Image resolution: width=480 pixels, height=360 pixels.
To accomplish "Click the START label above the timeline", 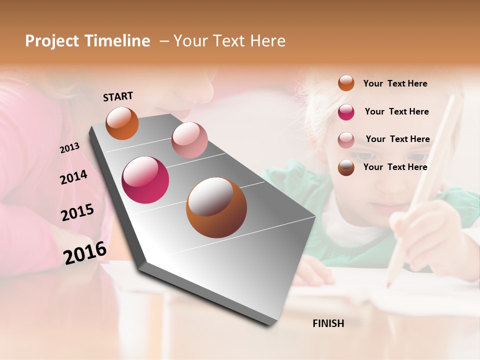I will coord(118,96).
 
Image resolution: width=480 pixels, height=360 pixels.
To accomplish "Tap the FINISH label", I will coord(328,323).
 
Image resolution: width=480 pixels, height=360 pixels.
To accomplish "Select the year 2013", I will coord(69,148).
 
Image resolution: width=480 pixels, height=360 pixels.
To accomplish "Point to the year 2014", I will coord(73,177).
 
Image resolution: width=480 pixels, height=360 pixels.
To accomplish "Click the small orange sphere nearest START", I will coord(122,123).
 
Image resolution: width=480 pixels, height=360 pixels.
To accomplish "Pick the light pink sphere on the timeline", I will coord(189,140).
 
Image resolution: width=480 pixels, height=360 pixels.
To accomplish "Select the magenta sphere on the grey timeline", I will coord(145,180).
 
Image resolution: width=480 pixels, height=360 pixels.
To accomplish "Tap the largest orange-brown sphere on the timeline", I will coord(216,207).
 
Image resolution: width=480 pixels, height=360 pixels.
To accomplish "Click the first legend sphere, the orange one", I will coord(346,83).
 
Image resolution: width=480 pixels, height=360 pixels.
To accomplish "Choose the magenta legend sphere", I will coord(346,112).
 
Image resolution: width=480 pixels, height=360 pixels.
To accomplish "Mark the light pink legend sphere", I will coord(346,139).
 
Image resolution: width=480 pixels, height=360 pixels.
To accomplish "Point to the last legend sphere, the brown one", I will coord(346,167).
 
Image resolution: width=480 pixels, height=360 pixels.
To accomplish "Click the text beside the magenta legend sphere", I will coord(396,111).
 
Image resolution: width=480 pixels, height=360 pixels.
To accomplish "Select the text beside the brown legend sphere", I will coord(395,167).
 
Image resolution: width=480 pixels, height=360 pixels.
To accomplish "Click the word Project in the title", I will coord(52,41).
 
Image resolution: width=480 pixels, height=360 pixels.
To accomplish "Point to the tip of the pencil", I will coord(388,285).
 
